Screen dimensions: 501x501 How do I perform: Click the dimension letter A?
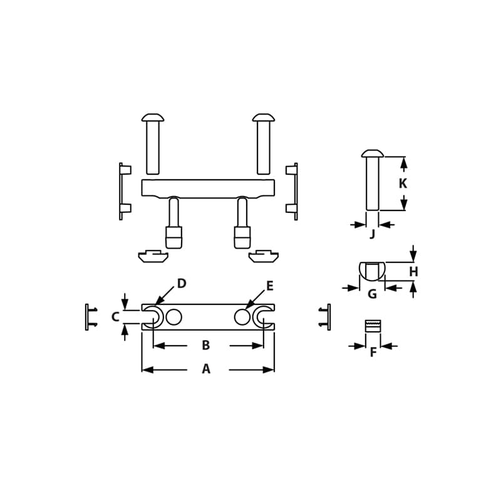(x=206, y=369)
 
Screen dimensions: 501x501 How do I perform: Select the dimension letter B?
(x=205, y=345)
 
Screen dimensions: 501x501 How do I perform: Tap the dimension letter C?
(x=115, y=317)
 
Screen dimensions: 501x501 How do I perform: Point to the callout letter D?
(x=182, y=284)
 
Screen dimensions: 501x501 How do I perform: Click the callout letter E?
(x=270, y=286)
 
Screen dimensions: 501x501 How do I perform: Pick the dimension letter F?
(x=373, y=353)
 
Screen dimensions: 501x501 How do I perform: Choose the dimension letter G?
(x=372, y=294)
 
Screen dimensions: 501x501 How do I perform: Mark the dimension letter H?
(x=413, y=272)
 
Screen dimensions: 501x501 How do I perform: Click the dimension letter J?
(x=373, y=234)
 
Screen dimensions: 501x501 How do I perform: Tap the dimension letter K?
(x=403, y=183)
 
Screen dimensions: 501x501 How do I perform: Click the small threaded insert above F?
(x=373, y=326)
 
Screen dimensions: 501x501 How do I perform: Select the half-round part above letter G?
(x=373, y=271)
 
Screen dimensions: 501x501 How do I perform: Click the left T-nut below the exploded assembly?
(x=153, y=256)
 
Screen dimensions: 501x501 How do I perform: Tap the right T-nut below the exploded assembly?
(x=264, y=256)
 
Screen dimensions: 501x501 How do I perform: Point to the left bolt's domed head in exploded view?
(x=153, y=117)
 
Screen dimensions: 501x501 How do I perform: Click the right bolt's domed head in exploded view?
(x=264, y=117)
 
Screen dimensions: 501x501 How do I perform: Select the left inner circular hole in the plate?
(x=174, y=317)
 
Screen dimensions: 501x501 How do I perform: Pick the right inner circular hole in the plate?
(x=242, y=317)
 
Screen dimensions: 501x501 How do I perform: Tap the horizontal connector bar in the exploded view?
(x=208, y=188)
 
